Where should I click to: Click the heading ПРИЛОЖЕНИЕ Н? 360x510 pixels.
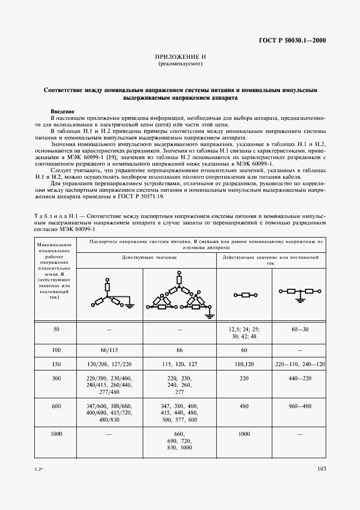tap(180, 57)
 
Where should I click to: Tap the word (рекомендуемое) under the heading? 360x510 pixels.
tap(180, 64)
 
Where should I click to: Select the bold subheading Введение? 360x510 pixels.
tap(62, 111)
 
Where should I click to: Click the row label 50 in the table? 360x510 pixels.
tap(57, 330)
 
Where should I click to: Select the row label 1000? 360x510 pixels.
tap(57, 434)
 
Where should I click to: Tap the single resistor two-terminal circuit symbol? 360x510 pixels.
tap(245, 295)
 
